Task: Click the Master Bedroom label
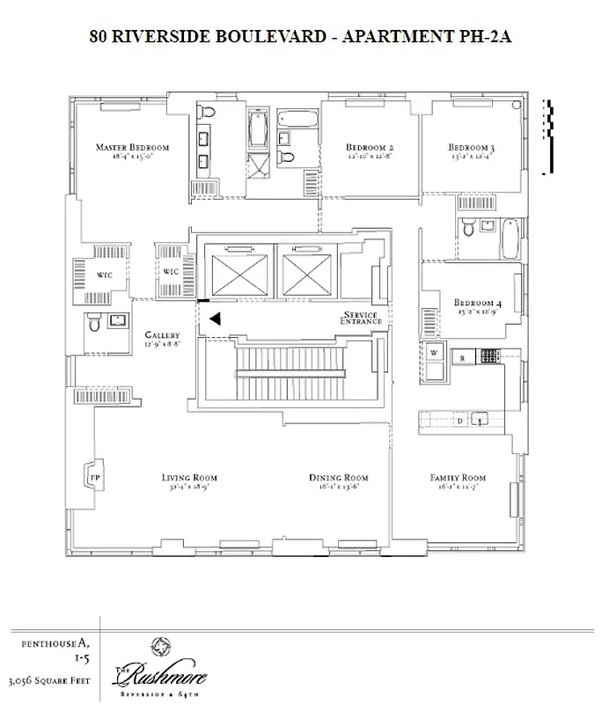[x=132, y=147]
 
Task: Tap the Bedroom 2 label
[x=369, y=147]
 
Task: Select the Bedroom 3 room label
[x=471, y=147]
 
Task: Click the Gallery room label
[x=163, y=335]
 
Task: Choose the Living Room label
[x=189, y=478]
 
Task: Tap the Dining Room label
[x=338, y=478]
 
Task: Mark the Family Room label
[x=458, y=478]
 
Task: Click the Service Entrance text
[x=362, y=319]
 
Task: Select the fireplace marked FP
[x=94, y=477]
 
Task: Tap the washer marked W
[x=434, y=354]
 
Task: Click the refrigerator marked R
[x=461, y=357]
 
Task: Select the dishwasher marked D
[x=460, y=421]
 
